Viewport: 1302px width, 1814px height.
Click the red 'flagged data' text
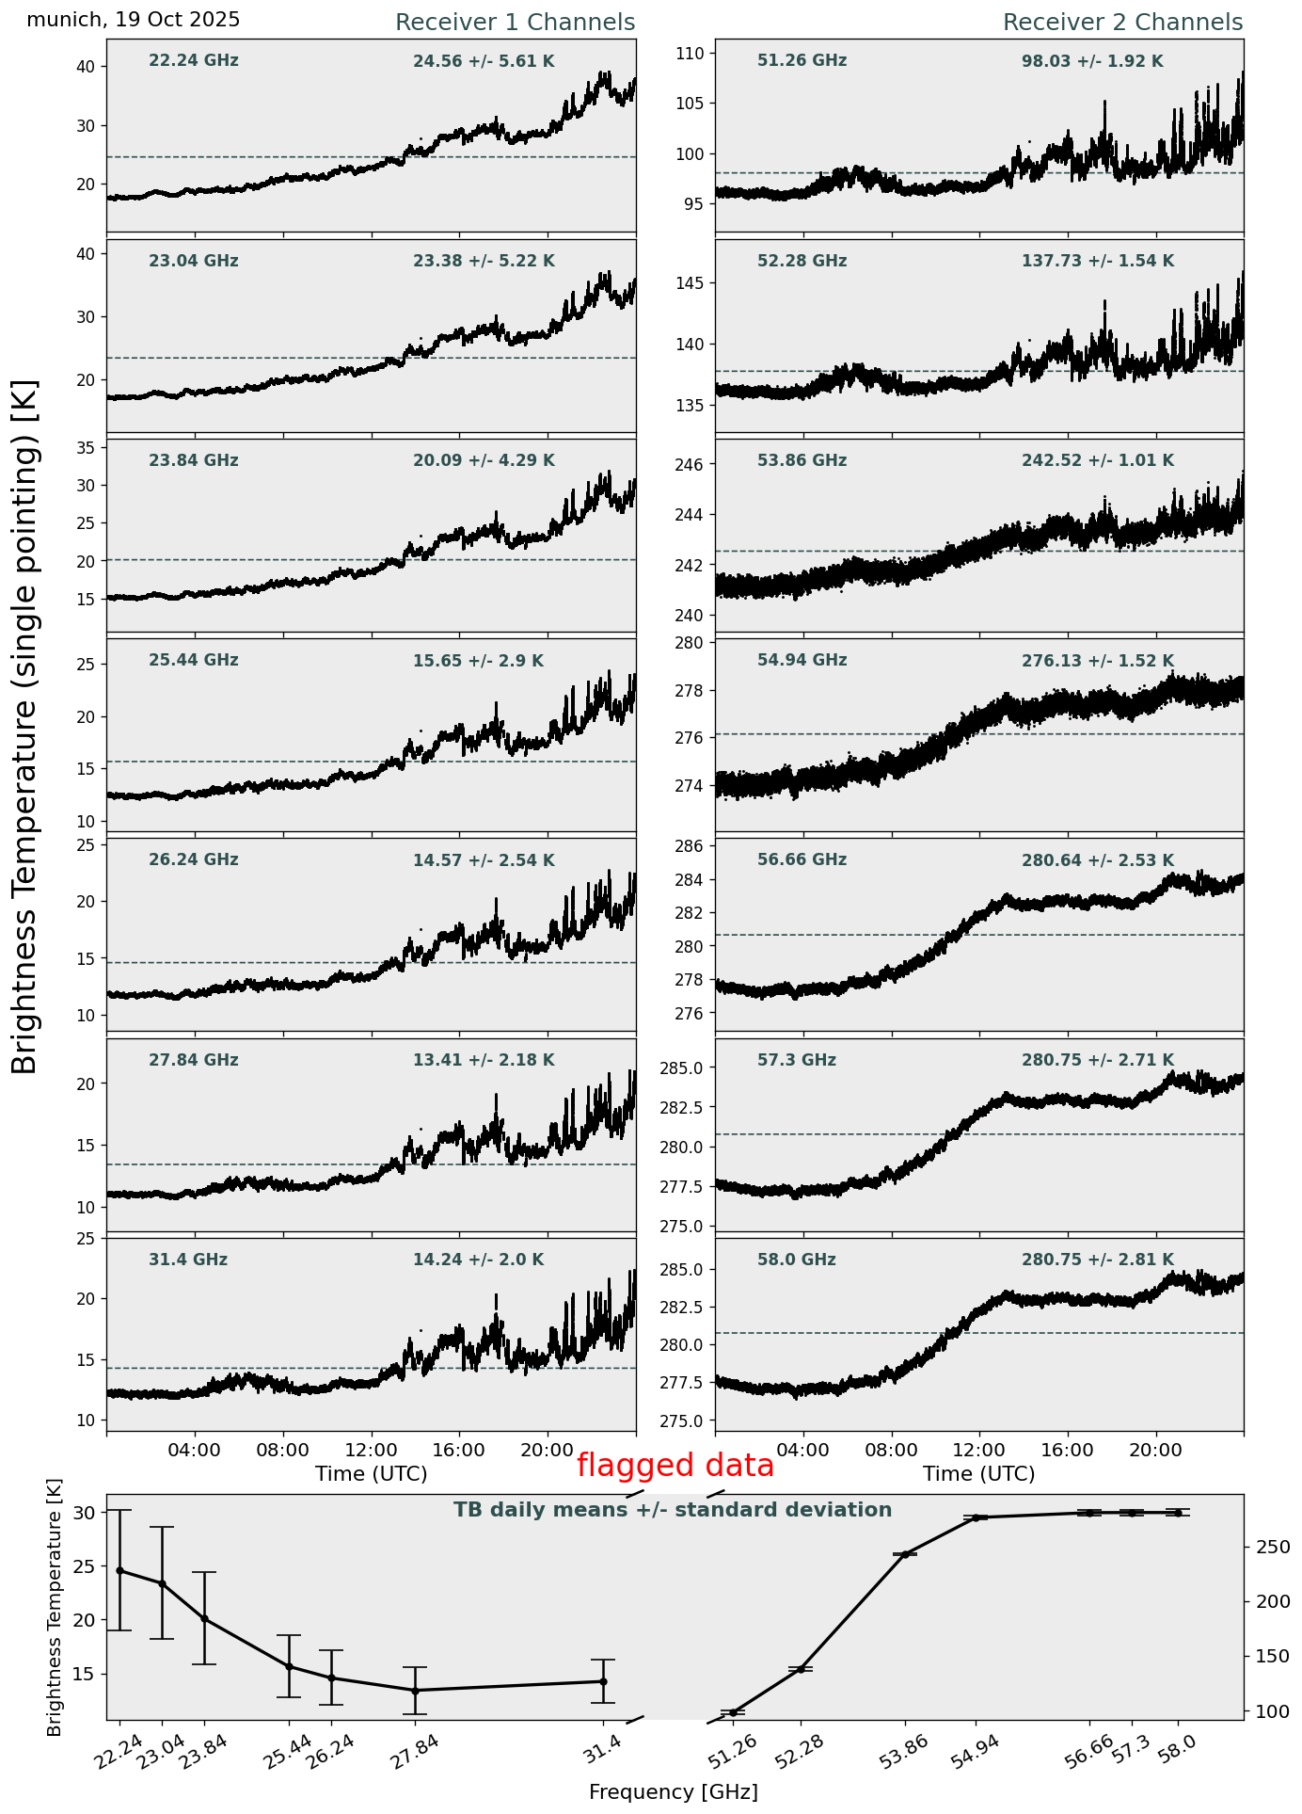pos(675,1466)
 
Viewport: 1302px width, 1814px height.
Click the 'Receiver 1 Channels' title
pos(515,23)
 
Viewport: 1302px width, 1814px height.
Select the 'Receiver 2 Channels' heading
pos(1122,23)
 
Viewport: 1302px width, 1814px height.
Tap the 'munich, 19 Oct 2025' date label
pos(134,20)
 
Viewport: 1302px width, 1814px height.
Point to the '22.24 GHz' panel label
pos(194,61)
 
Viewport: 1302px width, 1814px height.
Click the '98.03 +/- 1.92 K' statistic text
pos(1092,62)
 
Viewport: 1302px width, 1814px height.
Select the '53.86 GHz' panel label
pos(802,461)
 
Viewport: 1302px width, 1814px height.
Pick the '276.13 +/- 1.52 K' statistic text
pos(1098,662)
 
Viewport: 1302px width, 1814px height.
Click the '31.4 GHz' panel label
pos(188,1260)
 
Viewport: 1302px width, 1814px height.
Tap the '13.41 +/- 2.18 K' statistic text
pos(484,1061)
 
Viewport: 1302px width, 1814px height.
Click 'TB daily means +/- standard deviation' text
pos(673,1511)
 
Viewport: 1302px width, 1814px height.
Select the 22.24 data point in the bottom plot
pos(119,1571)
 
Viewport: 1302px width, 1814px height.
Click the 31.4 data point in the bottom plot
pos(603,1681)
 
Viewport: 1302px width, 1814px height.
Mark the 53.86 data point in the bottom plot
pos(905,1554)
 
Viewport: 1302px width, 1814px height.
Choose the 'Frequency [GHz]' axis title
pos(673,1792)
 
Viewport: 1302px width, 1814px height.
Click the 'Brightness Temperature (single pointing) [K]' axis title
pos(25,726)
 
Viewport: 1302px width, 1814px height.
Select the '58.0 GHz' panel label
pos(796,1260)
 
